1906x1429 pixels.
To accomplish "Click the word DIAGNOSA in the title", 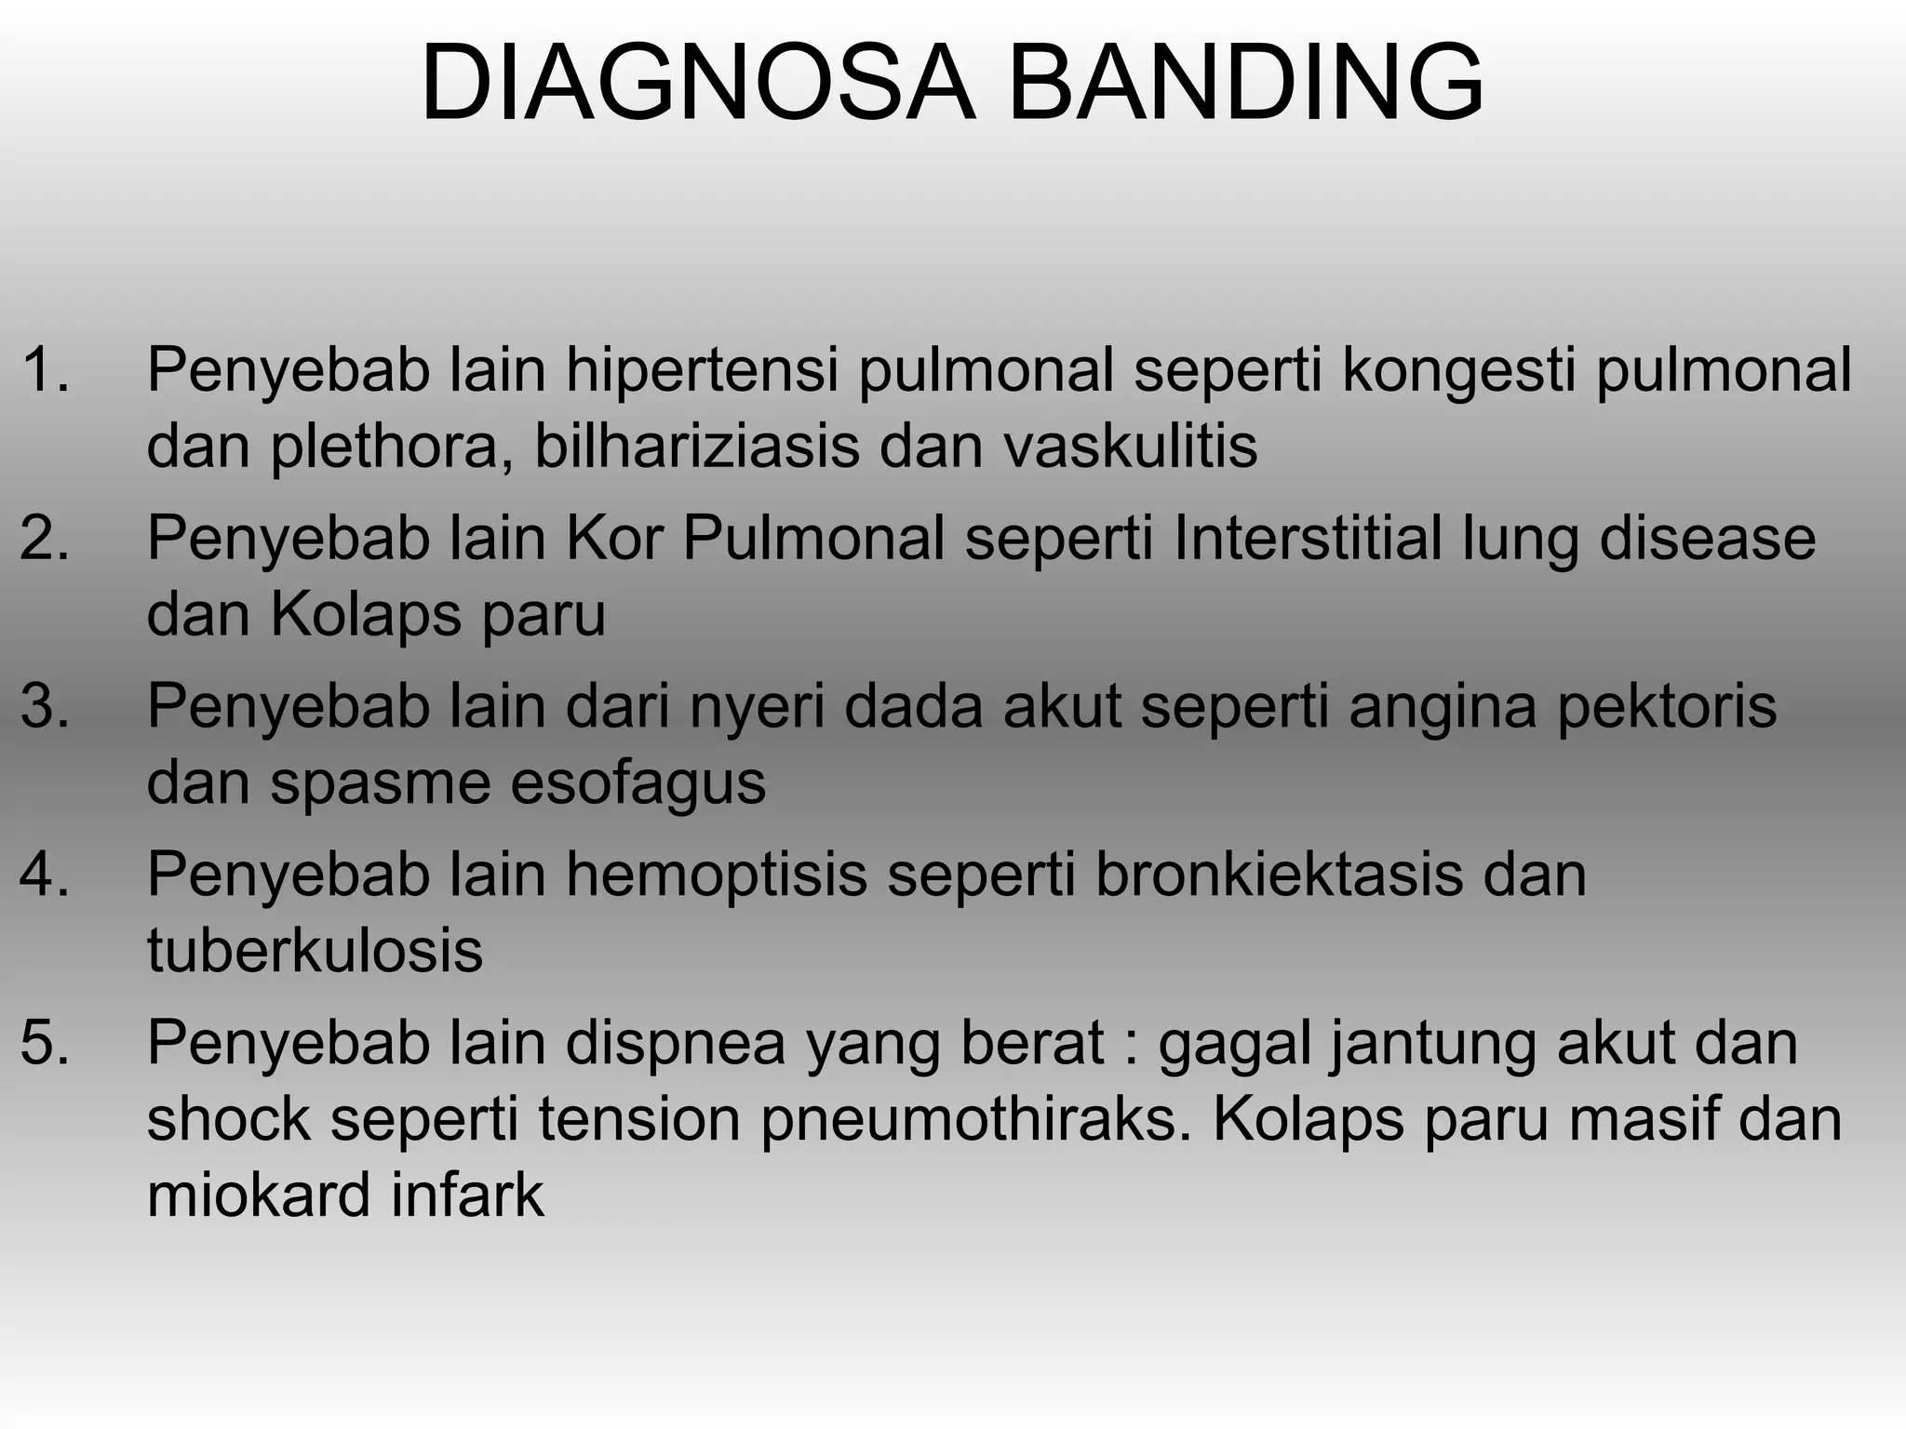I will click(698, 84).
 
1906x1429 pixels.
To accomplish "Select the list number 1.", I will click(45, 369).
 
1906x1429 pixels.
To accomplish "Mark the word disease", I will click(1707, 539).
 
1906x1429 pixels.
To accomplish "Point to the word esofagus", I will click(638, 784).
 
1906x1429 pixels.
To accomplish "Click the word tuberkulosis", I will click(315, 951).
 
